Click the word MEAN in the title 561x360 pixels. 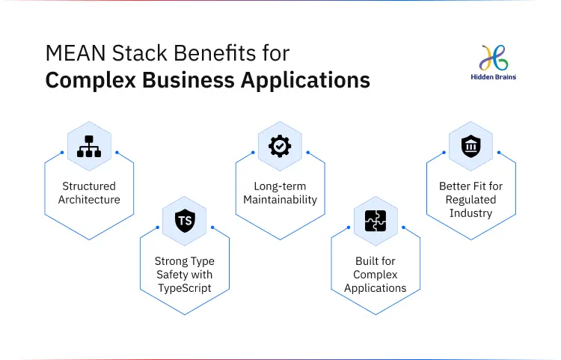click(x=76, y=53)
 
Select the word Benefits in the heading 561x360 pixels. click(x=214, y=53)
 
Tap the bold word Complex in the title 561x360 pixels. click(x=91, y=80)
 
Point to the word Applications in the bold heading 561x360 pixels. click(x=305, y=80)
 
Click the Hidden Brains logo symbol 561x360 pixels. click(x=494, y=58)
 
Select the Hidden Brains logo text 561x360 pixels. click(x=494, y=77)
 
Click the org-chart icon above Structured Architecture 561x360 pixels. click(x=89, y=147)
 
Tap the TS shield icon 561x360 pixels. click(x=185, y=221)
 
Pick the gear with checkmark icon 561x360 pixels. click(x=280, y=146)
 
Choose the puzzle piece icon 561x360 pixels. click(x=375, y=221)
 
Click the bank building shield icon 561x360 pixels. click(x=470, y=146)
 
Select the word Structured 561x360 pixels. click(x=89, y=186)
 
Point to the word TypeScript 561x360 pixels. click(x=185, y=288)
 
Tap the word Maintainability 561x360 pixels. click(x=280, y=200)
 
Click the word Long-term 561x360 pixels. click(x=280, y=186)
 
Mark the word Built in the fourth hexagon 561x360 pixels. click(x=365, y=261)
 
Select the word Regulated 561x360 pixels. click(x=470, y=200)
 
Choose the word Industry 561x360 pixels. click(x=470, y=213)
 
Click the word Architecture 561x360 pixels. click(x=89, y=200)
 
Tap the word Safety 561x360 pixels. click(x=170, y=275)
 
